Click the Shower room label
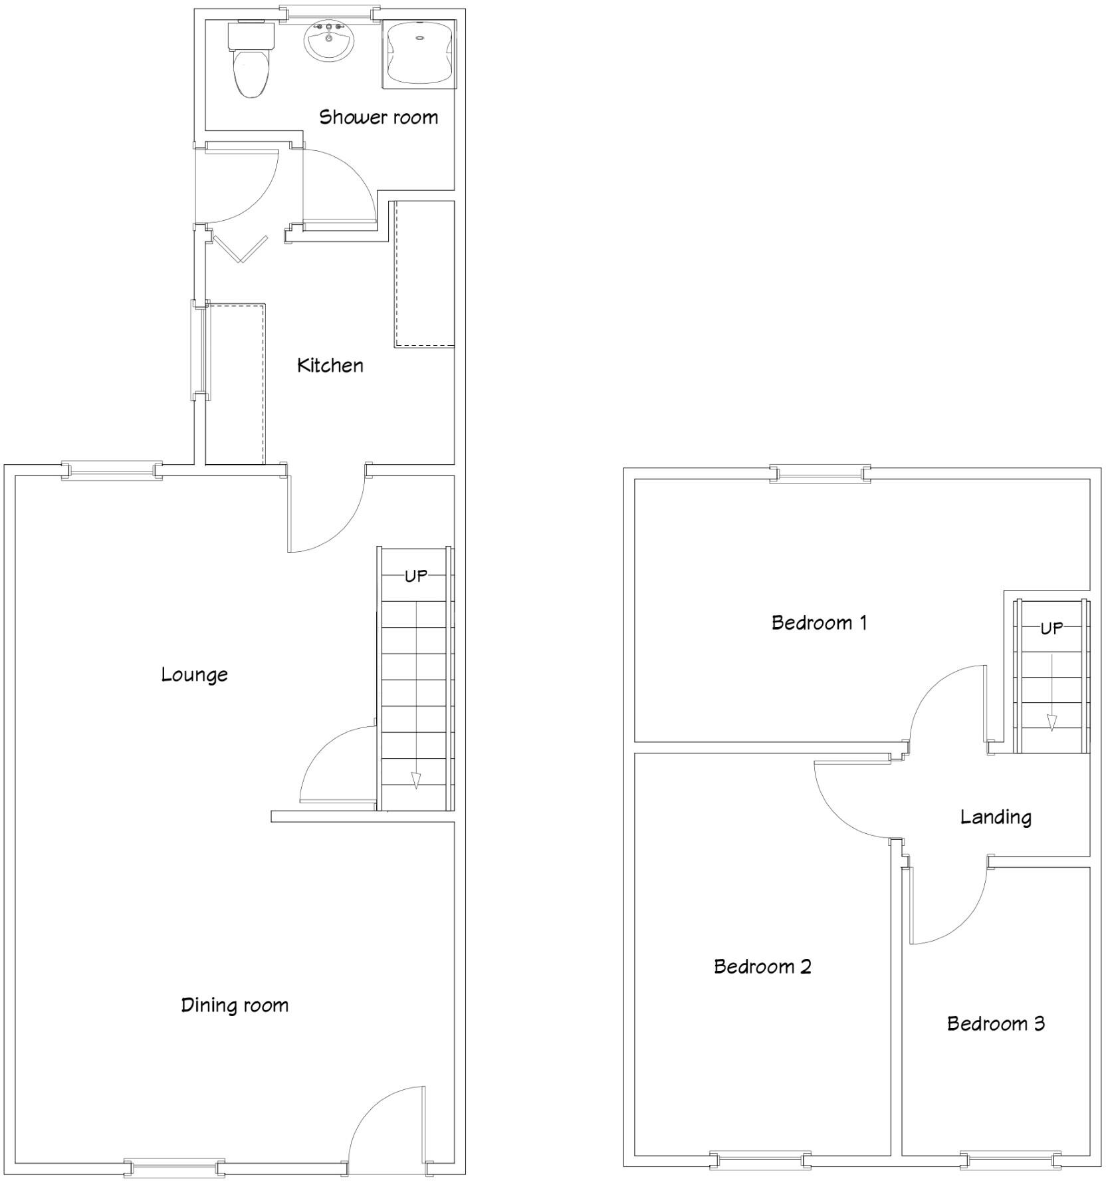[x=378, y=118]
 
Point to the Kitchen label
[x=330, y=366]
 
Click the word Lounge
[x=194, y=675]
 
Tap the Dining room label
[x=235, y=1005]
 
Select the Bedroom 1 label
[x=819, y=623]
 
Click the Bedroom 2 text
[x=762, y=966]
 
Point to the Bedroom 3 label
[x=996, y=1023]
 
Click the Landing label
[x=996, y=817]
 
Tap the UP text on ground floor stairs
[x=416, y=576]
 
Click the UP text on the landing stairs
[x=1051, y=628]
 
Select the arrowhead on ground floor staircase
[x=416, y=780]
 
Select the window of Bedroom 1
[x=820, y=474]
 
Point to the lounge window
[x=112, y=471]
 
